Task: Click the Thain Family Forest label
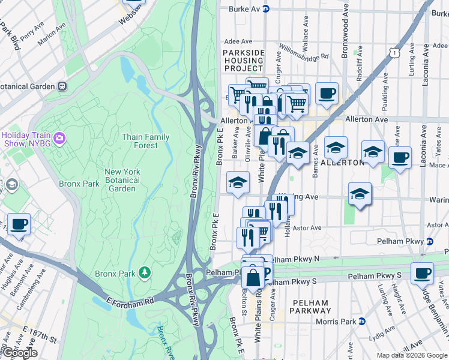point(145,141)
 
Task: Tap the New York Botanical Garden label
point(122,180)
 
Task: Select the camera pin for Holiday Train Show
point(59,139)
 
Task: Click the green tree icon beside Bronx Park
point(144,274)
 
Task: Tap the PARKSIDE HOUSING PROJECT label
point(243,61)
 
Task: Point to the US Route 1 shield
point(394,53)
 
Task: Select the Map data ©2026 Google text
point(411,355)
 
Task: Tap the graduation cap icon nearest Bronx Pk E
point(238,182)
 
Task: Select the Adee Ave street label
point(238,41)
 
